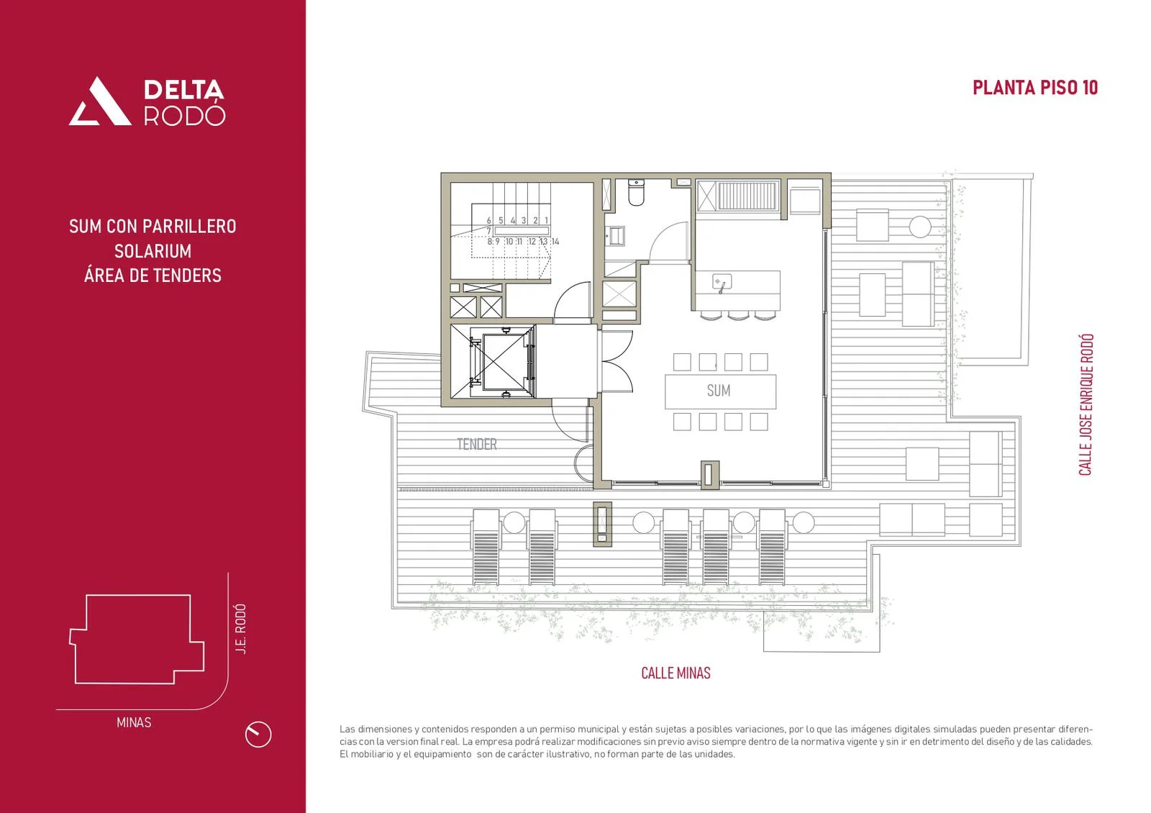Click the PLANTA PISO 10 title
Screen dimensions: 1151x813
coord(1035,88)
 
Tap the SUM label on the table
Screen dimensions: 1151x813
coord(719,391)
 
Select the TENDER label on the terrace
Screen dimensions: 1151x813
coord(477,444)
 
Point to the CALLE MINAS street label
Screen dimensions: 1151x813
coord(675,673)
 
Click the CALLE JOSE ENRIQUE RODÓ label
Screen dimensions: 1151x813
coord(1086,405)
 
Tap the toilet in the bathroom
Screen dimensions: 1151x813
coord(636,192)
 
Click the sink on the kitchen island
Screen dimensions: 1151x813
coord(722,283)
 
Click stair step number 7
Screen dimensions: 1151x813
coord(488,231)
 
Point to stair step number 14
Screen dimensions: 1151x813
coord(555,242)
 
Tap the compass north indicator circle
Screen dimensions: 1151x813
coord(258,734)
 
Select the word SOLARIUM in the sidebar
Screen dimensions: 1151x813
coord(153,251)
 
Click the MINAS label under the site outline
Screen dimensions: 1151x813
coord(134,722)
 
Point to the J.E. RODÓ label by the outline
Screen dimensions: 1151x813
coord(240,629)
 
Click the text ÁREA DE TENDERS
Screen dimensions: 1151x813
coord(153,276)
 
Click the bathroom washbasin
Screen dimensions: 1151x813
coord(615,237)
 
